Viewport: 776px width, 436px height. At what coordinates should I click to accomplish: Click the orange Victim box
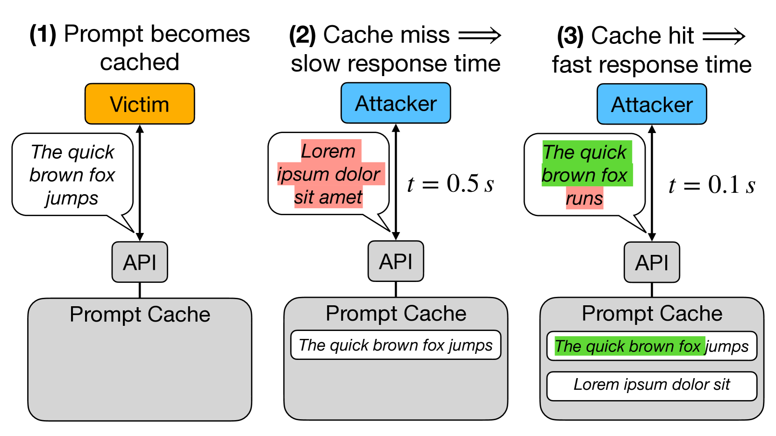139,104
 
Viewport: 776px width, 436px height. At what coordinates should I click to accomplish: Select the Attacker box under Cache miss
395,103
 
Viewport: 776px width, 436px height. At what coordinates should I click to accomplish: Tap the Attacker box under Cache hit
651,104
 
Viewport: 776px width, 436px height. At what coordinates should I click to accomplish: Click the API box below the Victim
139,262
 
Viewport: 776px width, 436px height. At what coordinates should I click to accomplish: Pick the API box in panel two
395,261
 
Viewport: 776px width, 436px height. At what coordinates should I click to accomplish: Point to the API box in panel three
651,262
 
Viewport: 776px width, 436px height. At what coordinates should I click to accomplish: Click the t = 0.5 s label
450,183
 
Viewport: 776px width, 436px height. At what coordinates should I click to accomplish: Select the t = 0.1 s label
711,185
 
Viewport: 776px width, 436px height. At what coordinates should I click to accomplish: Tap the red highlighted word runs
584,198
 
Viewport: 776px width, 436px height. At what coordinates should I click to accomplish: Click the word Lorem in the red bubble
328,151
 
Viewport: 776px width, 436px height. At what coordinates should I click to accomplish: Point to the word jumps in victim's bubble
71,198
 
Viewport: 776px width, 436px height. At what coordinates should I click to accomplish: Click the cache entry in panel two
395,345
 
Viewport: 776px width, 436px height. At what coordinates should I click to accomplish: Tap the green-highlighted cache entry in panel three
651,346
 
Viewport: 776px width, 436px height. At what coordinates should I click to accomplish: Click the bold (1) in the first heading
43,34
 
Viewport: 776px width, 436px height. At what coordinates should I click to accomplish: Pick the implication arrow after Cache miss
479,35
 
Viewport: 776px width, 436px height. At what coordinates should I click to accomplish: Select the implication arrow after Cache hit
724,36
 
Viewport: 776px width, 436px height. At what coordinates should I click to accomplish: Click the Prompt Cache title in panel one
139,314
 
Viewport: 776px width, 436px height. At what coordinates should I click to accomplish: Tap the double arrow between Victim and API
140,182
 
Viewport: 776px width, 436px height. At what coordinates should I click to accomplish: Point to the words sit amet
328,197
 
